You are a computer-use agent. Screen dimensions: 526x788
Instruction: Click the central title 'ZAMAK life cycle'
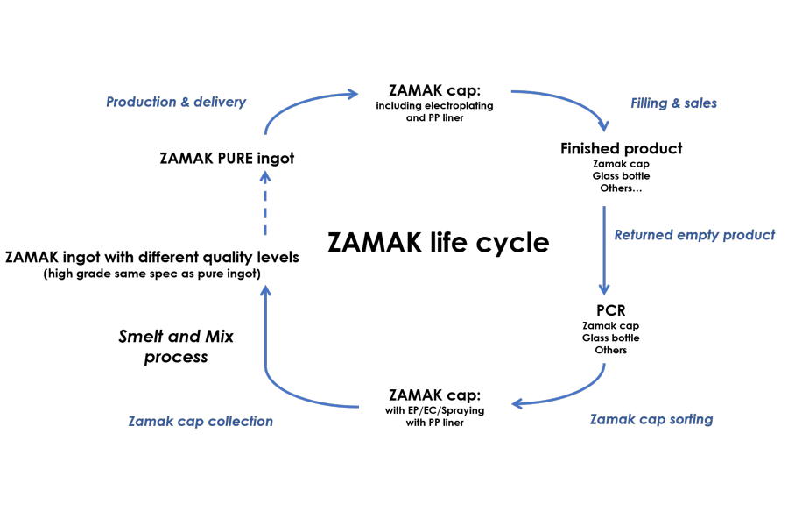coord(438,242)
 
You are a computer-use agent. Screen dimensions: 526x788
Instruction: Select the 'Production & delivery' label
coord(176,102)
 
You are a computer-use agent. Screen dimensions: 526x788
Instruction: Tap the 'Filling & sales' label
coord(673,103)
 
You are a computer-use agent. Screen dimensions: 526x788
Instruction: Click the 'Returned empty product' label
coord(694,235)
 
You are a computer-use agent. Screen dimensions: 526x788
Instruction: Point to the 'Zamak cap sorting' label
coord(651,419)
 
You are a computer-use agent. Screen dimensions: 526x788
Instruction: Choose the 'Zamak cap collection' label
coord(201,422)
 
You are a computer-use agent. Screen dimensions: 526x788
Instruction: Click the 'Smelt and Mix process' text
coord(176,346)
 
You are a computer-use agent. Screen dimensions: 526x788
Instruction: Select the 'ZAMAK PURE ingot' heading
coord(227,159)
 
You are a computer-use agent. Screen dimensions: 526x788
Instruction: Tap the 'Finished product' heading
coord(621,148)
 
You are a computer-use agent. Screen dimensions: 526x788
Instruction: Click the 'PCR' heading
coord(604,310)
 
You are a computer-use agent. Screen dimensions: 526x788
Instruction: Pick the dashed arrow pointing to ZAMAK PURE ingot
coord(265,203)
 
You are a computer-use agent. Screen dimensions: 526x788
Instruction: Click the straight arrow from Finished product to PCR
coord(603,250)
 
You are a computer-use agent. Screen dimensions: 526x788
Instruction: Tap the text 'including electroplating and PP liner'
coord(434,111)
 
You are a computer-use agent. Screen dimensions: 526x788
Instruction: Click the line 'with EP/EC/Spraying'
coord(434,410)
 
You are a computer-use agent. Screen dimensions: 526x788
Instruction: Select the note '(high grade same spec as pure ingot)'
coord(152,274)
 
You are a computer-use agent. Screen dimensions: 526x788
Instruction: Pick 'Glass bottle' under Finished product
coord(621,176)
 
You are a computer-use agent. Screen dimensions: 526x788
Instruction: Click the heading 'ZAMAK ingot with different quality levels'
coord(152,258)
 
